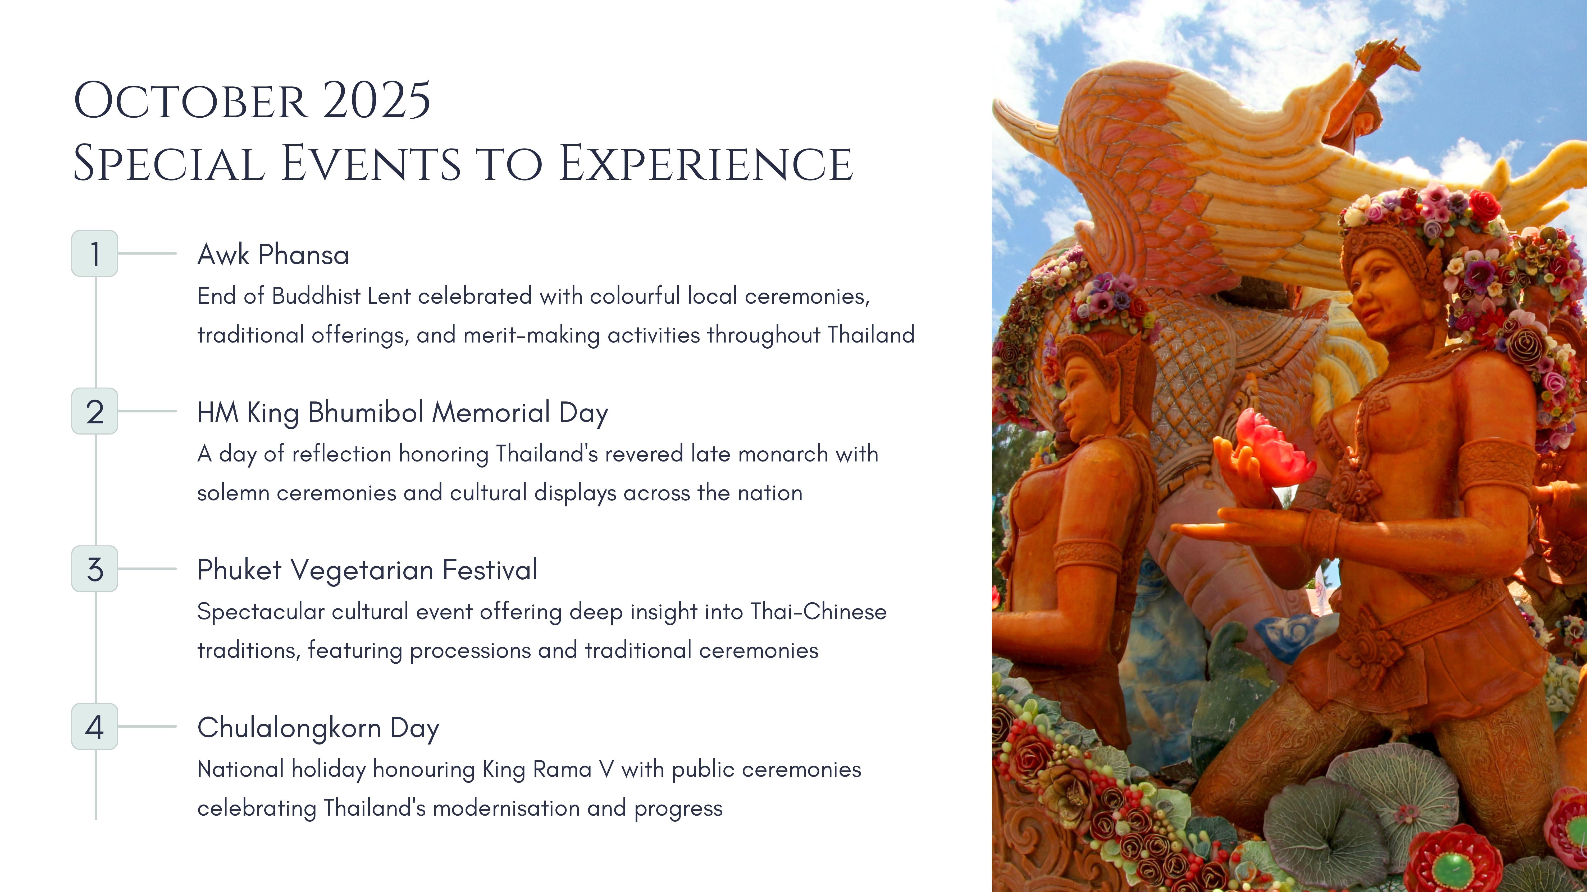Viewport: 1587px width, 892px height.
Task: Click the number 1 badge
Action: coord(95,253)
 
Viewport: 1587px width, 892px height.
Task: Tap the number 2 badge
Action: coord(95,411)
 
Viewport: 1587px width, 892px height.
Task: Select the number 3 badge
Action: coord(95,569)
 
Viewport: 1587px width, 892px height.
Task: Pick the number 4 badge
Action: coord(95,726)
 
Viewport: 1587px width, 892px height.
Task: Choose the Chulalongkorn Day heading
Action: coord(318,728)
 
